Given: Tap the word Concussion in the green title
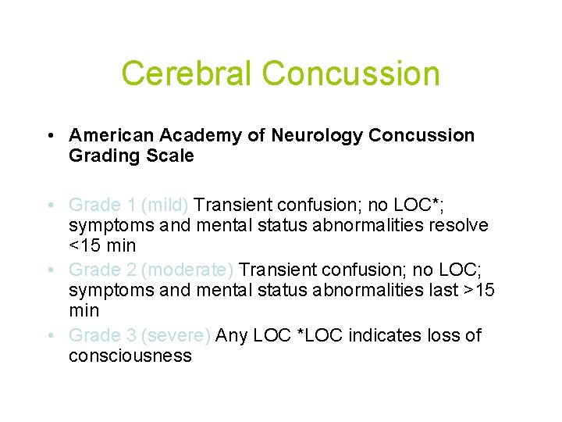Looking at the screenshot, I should pos(351,74).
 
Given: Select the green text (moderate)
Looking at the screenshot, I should pos(187,270).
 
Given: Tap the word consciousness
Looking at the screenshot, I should pos(130,356).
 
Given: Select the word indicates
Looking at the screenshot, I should pos(385,335).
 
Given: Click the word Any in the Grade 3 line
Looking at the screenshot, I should pos(231,335).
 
